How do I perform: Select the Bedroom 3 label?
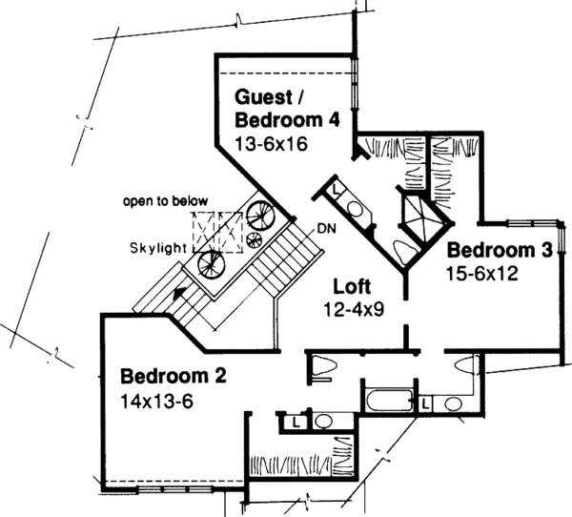coord(500,252)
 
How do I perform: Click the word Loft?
coord(354,285)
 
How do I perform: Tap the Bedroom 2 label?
coord(173,375)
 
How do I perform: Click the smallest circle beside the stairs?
coord(254,238)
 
